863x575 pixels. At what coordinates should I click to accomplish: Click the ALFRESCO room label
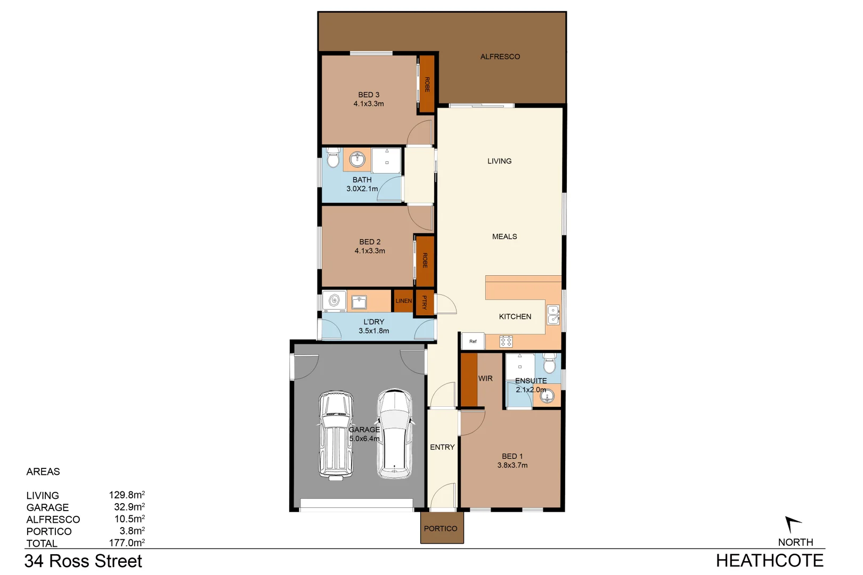500,56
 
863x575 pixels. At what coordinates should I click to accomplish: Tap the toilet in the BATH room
333,158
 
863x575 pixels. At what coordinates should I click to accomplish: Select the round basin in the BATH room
357,159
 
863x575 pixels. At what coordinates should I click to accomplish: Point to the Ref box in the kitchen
473,341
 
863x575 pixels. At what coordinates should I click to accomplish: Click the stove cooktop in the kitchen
506,341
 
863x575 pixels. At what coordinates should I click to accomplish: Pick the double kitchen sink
553,315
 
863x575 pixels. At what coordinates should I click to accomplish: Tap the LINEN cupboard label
403,301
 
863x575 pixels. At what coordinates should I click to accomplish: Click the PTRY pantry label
425,302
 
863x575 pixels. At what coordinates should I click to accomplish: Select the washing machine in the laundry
334,301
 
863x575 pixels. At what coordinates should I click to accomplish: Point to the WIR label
485,379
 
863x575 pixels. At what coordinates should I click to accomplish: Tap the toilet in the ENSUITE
549,364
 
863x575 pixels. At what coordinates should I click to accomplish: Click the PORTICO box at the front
441,528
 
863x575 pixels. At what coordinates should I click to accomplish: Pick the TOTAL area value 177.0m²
126,543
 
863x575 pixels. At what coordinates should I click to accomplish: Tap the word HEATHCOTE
769,561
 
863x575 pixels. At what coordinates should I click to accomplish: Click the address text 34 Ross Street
83,561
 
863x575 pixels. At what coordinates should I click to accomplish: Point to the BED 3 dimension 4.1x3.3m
369,104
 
